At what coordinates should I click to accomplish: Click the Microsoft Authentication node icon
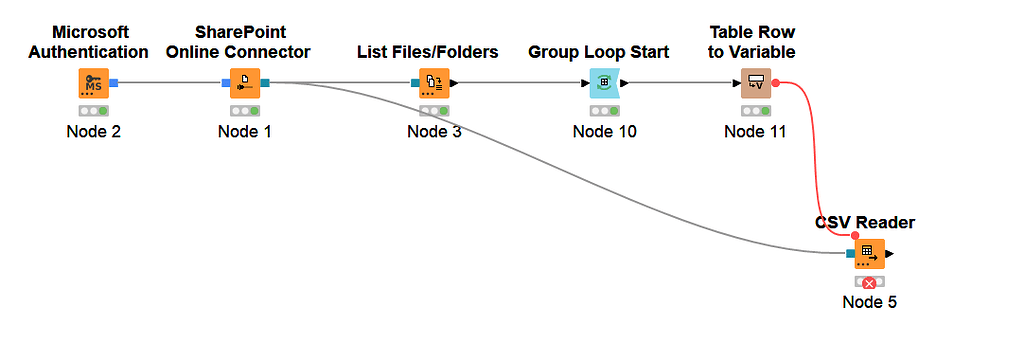[93, 84]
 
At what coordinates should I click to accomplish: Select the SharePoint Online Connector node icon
[245, 84]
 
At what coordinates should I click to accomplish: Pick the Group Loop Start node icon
[604, 84]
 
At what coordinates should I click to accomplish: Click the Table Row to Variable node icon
[756, 84]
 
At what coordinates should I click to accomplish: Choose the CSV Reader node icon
[868, 253]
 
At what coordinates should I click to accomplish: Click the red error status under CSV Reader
[869, 283]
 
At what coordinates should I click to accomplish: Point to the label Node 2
[93, 131]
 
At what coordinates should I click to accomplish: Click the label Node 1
[245, 131]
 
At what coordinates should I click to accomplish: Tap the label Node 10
[604, 131]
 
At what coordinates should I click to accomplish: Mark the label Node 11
[756, 131]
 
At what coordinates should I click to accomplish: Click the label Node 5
[869, 302]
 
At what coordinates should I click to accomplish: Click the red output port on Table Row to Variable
[776, 84]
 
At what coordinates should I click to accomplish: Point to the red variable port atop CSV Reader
[855, 236]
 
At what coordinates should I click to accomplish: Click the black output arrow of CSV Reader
[889, 253]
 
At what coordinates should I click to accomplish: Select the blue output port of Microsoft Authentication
[115, 84]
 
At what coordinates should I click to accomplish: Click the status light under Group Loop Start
[604, 111]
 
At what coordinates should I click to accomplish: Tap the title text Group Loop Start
[598, 52]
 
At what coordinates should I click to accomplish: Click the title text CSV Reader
[864, 222]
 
